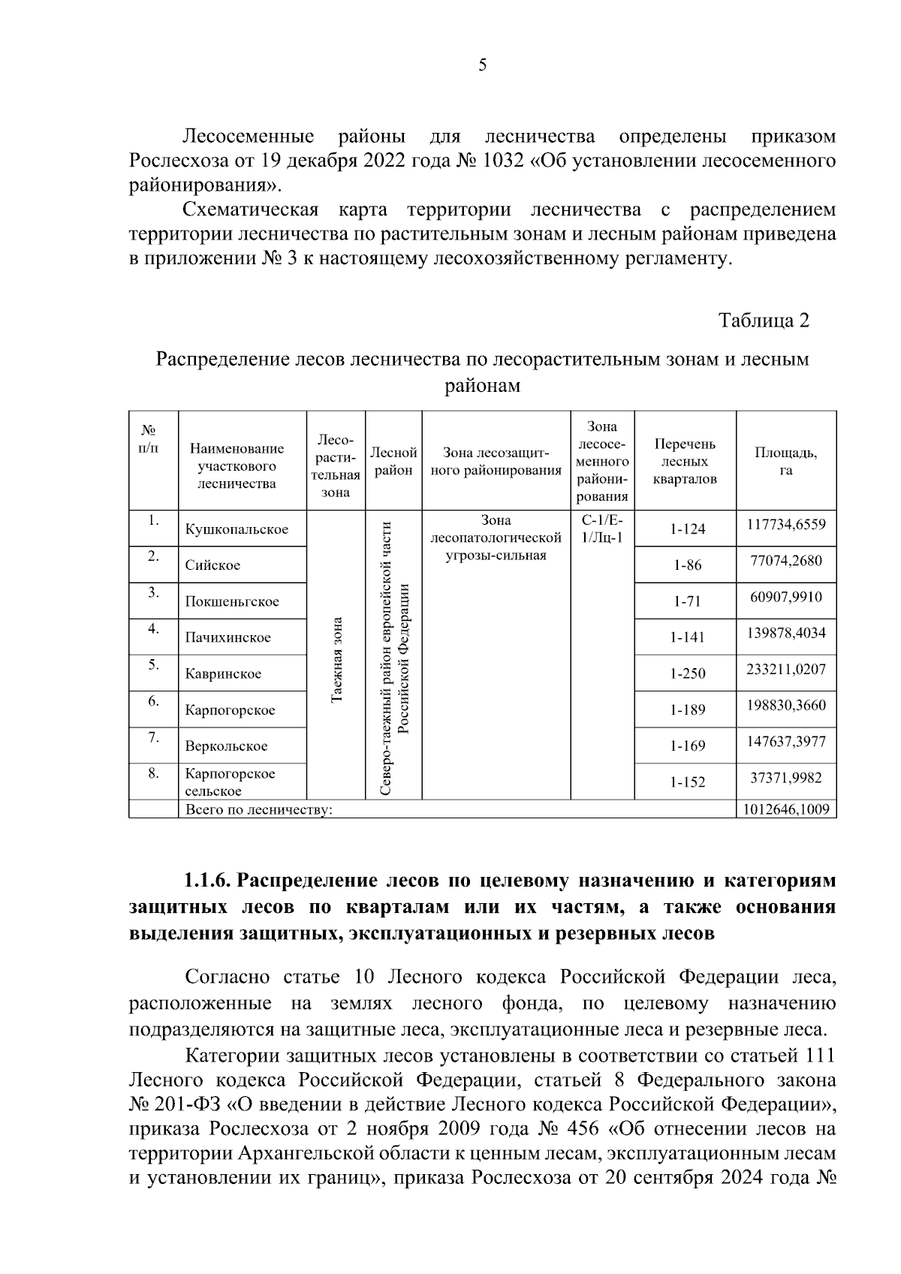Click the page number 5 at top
(482, 65)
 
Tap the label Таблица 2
(764, 321)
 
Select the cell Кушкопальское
(237, 529)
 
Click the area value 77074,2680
(785, 560)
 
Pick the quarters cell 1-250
(688, 673)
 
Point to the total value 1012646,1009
(785, 809)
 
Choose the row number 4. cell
(153, 630)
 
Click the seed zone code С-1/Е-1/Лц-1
(602, 529)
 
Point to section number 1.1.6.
(208, 879)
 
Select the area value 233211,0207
(785, 669)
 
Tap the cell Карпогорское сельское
(230, 782)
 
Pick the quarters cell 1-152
(688, 782)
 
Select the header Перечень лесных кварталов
(684, 461)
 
